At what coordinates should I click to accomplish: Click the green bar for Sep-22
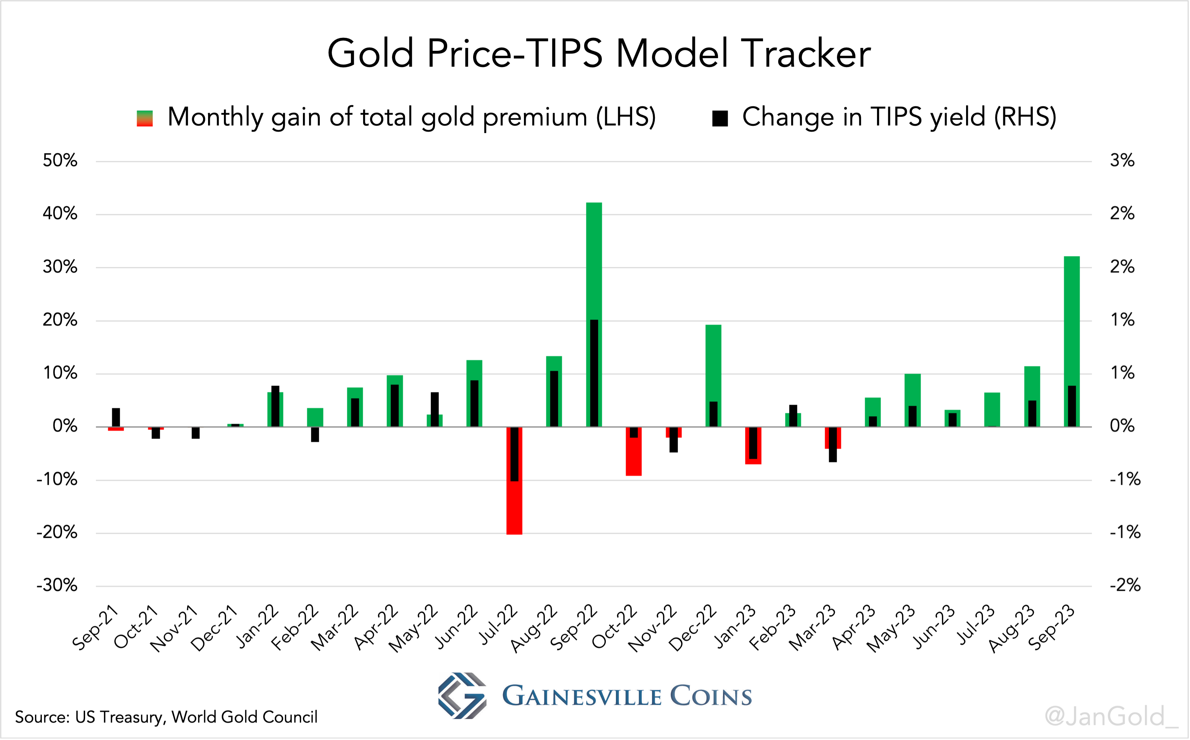pyautogui.click(x=594, y=260)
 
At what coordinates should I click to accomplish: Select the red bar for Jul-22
pyautogui.click(x=514, y=509)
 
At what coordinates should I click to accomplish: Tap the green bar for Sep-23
pyautogui.click(x=1071, y=318)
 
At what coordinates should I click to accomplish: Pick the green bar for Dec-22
pyautogui.click(x=713, y=362)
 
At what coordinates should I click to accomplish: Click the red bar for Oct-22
pyautogui.click(x=634, y=458)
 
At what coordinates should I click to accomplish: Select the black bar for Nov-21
pyautogui.click(x=195, y=433)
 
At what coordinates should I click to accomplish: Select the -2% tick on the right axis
pyautogui.click(x=1125, y=586)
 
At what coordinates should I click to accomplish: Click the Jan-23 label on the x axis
pyautogui.click(x=734, y=628)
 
